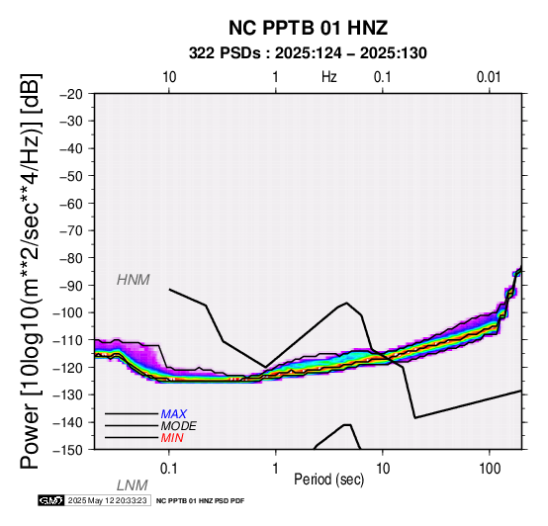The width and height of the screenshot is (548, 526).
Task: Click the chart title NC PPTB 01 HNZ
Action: click(x=308, y=28)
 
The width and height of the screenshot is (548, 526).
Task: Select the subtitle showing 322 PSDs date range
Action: click(x=308, y=53)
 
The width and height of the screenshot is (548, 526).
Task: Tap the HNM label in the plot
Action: click(x=134, y=280)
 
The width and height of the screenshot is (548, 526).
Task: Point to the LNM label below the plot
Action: click(x=133, y=485)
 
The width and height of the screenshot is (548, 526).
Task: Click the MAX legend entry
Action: click(x=173, y=414)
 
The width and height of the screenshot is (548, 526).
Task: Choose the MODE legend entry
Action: click(x=178, y=426)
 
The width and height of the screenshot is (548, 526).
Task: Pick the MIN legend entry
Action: click(x=172, y=438)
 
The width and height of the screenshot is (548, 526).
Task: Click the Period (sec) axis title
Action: click(x=328, y=480)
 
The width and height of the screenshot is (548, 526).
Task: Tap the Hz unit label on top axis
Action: click(x=329, y=77)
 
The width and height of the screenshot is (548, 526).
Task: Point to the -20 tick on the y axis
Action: click(x=71, y=94)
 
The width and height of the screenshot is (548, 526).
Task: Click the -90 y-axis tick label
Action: click(x=71, y=286)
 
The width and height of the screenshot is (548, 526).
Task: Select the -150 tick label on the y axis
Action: click(x=68, y=450)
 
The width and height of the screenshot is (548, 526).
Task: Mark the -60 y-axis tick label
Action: click(x=71, y=204)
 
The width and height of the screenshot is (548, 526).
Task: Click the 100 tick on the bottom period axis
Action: click(x=490, y=469)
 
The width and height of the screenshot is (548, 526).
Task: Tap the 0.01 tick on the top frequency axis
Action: click(x=489, y=77)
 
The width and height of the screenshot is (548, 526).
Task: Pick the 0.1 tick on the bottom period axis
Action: click(x=169, y=469)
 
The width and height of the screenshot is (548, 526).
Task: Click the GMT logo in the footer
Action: click(x=51, y=500)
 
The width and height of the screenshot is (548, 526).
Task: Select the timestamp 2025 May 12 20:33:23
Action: click(x=107, y=500)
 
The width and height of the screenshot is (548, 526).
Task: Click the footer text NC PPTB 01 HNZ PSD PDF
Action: click(x=200, y=501)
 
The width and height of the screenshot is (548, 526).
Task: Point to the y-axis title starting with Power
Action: click(x=30, y=271)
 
